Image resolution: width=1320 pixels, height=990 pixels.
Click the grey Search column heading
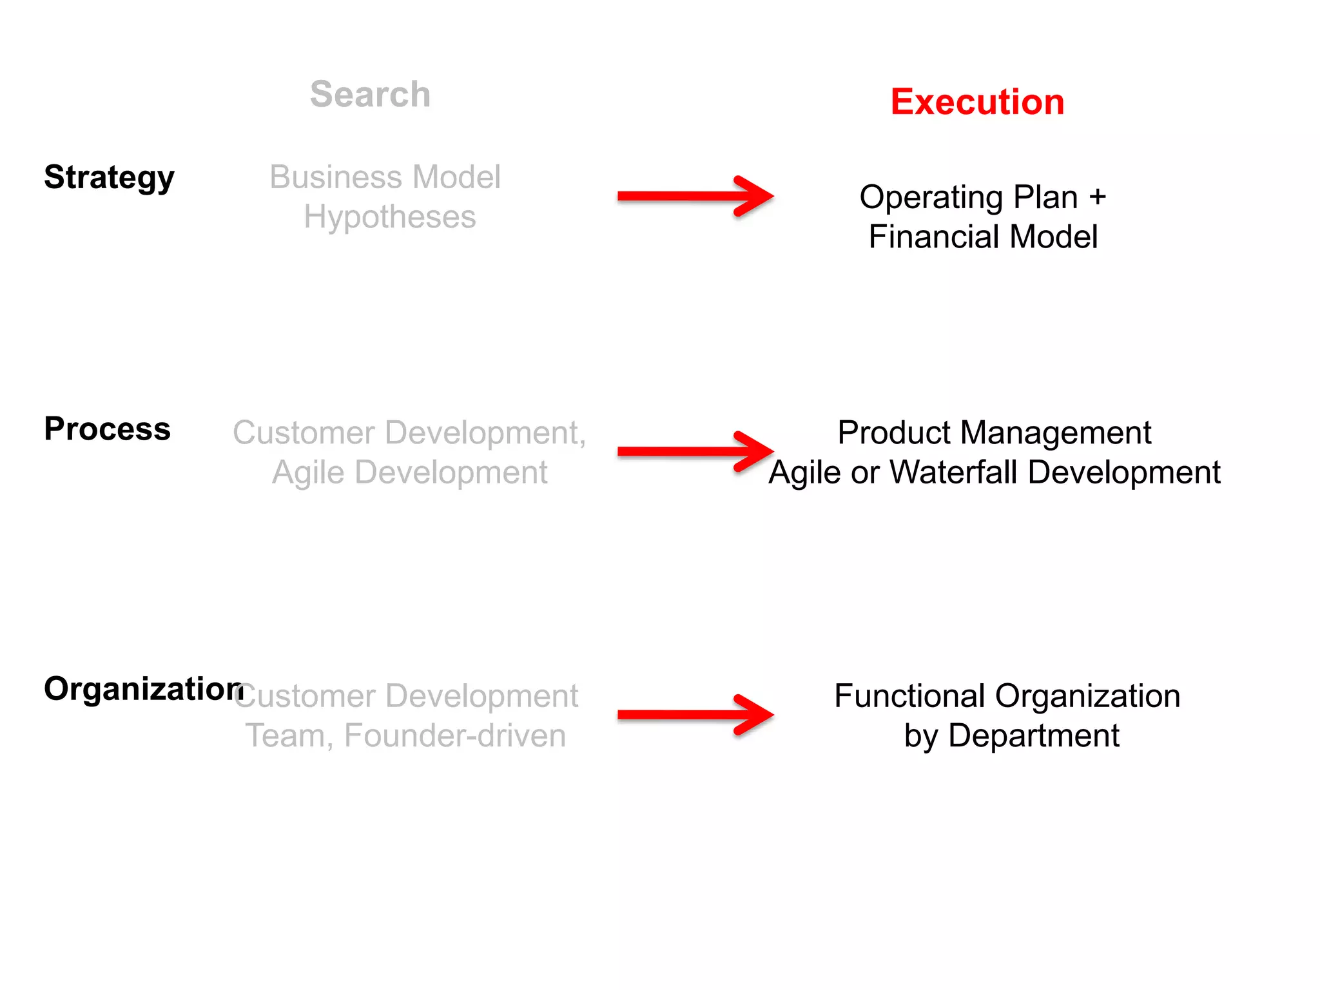click(370, 94)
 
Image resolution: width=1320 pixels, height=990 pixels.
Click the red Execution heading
click(977, 102)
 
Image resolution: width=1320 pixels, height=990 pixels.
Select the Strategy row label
click(109, 177)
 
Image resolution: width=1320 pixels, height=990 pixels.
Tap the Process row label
click(107, 429)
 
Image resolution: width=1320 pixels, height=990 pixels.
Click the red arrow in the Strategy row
click(695, 196)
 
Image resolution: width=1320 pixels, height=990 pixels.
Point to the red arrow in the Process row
click(695, 451)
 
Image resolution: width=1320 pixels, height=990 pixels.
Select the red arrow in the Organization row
click(695, 714)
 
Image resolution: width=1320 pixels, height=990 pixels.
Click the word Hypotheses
click(390, 217)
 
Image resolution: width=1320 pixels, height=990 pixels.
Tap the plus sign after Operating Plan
click(1097, 197)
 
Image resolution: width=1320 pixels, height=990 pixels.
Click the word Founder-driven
click(455, 736)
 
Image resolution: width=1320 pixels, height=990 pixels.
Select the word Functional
click(909, 696)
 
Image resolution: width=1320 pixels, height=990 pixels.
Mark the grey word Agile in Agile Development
click(308, 473)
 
